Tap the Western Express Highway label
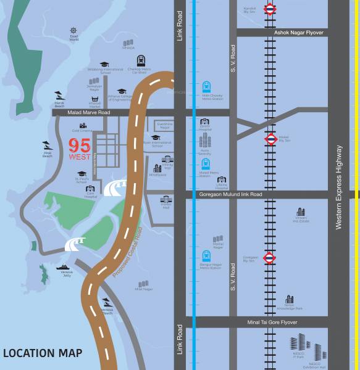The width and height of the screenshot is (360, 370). (339, 187)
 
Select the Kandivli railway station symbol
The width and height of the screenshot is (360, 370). (270, 9)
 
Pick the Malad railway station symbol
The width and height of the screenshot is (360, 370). (270, 139)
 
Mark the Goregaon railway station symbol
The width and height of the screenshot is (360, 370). (270, 257)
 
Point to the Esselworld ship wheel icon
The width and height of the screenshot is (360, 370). (73, 31)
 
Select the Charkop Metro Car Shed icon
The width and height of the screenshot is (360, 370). (142, 61)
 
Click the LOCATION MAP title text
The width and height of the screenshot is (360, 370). (43, 353)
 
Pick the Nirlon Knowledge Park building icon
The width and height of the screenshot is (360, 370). (289, 299)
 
